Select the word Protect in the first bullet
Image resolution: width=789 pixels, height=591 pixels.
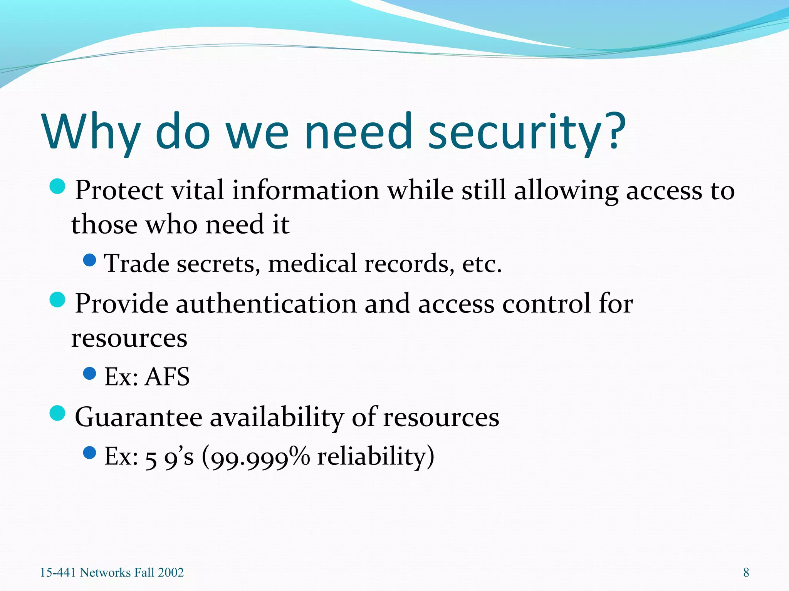119,190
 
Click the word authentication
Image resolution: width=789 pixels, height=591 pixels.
266,304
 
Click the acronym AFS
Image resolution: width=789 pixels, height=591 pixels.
167,377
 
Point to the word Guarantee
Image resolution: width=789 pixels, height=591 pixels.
138,417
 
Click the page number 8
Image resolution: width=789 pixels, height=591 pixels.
746,573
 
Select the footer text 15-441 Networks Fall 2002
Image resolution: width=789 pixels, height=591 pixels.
112,573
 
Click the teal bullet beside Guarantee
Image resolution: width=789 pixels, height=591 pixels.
57,413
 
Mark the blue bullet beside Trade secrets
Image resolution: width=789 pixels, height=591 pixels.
89,260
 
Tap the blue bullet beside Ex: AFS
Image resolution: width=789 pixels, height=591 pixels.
89,373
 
